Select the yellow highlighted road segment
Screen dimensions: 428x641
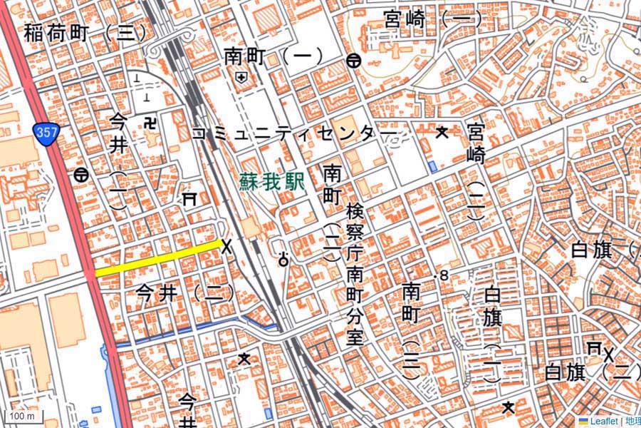coord(157,258)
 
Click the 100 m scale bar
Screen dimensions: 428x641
coord(21,416)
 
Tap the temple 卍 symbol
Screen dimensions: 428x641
coord(150,124)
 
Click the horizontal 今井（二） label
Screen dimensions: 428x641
coord(184,292)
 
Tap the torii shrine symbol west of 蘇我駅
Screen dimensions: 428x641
coord(189,199)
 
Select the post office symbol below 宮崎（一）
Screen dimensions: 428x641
coord(353,61)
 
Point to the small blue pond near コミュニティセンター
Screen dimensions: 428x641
coord(433,166)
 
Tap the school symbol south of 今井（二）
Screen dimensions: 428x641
coord(244,358)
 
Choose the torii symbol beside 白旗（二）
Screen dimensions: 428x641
coord(593,347)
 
